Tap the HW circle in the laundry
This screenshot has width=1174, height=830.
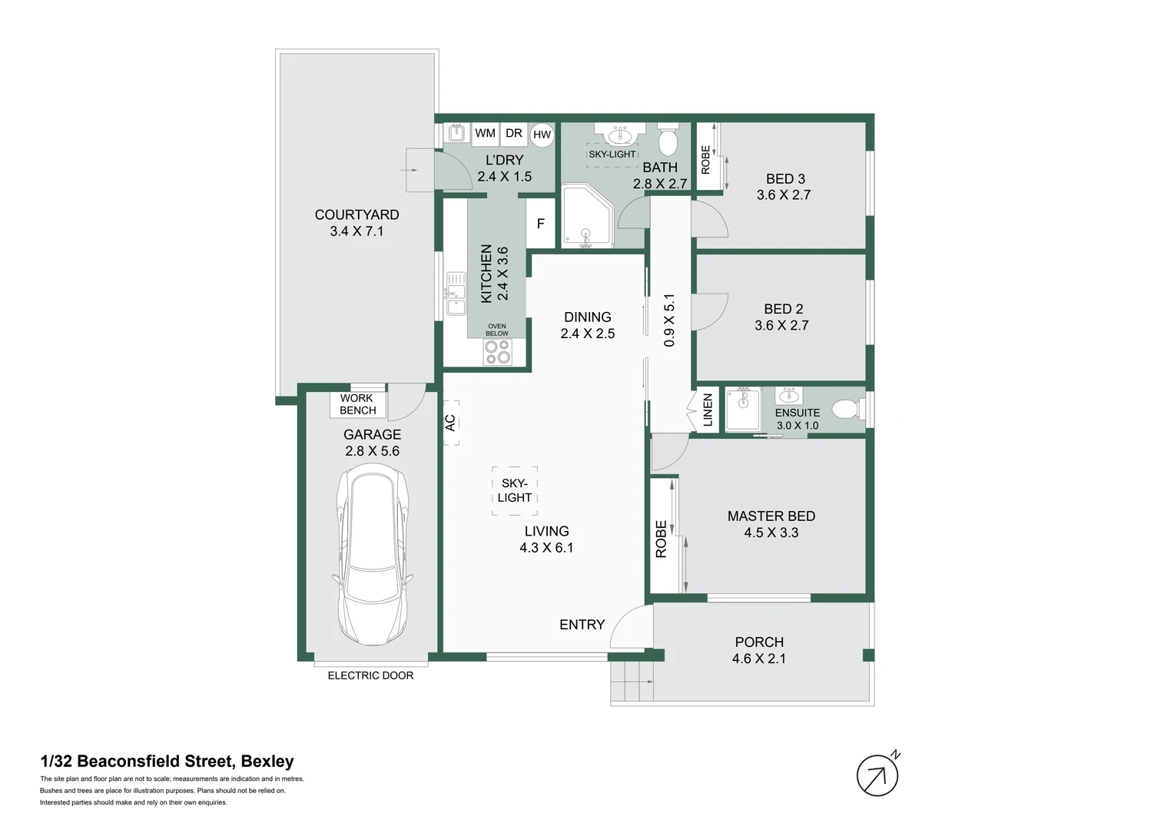[x=542, y=134]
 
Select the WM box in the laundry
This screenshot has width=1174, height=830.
[x=486, y=133]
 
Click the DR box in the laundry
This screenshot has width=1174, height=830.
[x=513, y=133]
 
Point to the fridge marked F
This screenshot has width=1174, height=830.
[x=540, y=224]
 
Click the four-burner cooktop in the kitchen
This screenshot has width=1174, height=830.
[x=498, y=352]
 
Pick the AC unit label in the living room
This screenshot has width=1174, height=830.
[x=451, y=423]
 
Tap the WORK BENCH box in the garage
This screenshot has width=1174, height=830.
[x=358, y=404]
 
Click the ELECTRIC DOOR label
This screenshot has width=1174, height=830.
[x=370, y=676]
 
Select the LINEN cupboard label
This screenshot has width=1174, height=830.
[x=708, y=410]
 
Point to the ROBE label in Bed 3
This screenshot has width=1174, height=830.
[x=705, y=160]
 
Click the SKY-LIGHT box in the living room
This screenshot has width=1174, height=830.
[x=515, y=491]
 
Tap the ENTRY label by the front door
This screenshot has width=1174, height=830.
[x=582, y=625]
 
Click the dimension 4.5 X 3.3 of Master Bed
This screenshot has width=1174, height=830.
[x=771, y=533]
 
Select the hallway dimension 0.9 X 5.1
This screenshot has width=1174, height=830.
[x=669, y=320]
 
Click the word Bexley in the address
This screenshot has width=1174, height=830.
[x=268, y=762]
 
